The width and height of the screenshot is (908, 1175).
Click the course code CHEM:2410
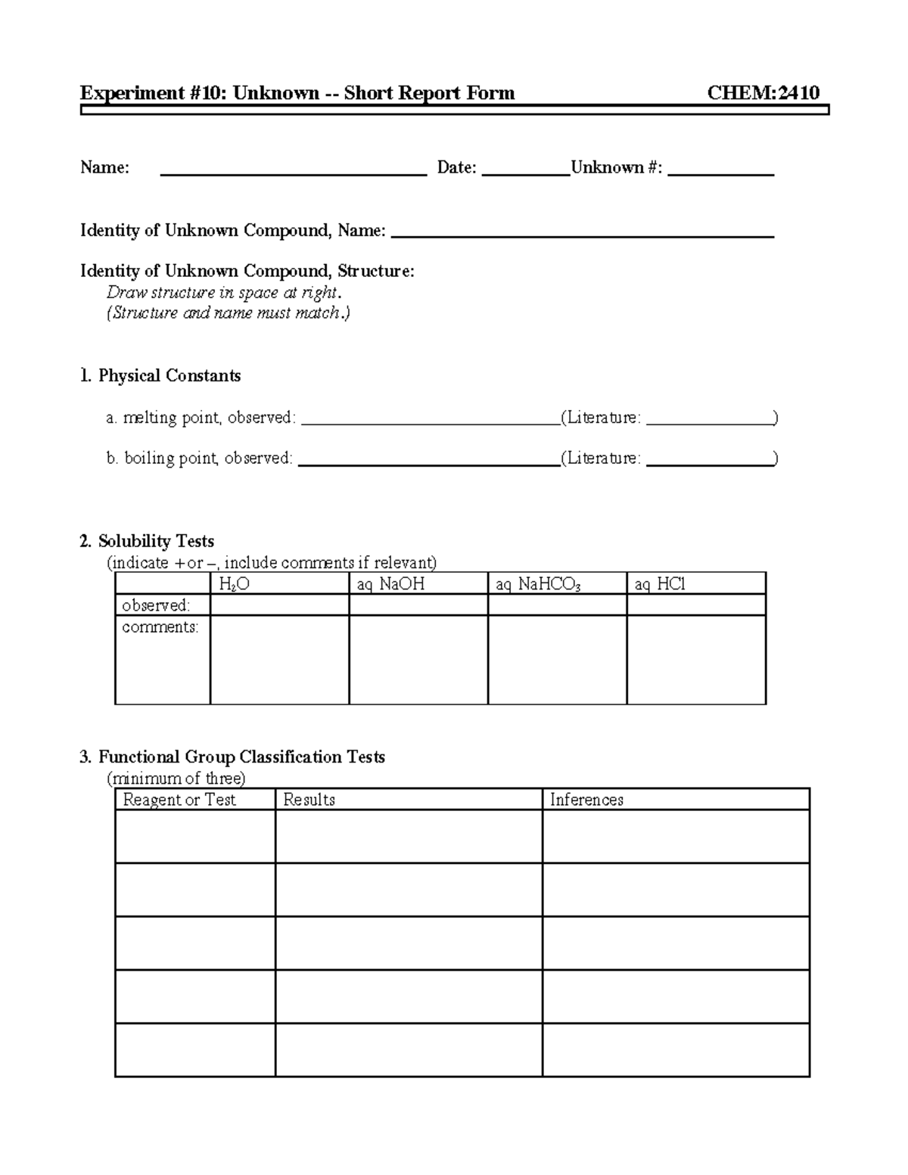[x=763, y=93]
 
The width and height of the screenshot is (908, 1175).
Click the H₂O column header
[x=234, y=584]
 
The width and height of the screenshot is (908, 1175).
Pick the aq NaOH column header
[x=390, y=584]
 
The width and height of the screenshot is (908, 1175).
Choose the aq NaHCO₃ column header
[x=538, y=584]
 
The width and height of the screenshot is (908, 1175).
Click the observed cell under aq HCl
[x=696, y=605]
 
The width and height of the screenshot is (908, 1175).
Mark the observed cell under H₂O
[x=279, y=605]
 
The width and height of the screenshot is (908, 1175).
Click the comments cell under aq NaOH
[x=418, y=660]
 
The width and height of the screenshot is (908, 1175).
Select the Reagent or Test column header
[x=179, y=800]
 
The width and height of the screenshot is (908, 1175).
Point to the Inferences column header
[x=586, y=800]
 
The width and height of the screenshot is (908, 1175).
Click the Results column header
[x=309, y=800]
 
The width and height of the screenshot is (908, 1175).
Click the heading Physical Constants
[x=169, y=376]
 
